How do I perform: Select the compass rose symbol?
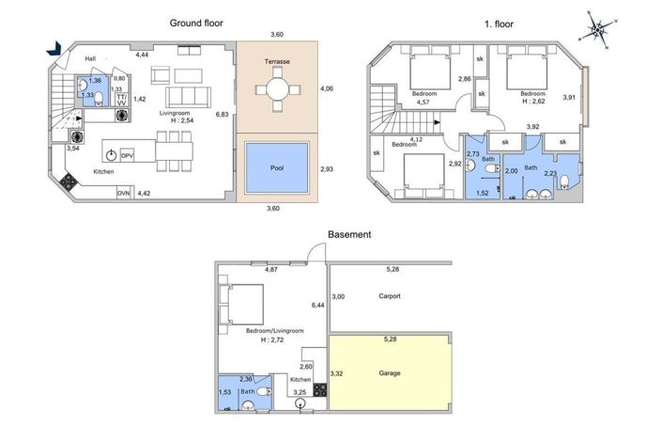[x=596, y=29]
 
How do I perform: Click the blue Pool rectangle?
[x=277, y=168]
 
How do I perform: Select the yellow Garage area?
[x=390, y=373]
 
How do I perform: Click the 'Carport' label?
[x=390, y=296]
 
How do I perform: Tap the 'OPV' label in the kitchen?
[x=128, y=154]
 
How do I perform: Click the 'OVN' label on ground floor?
[x=123, y=193]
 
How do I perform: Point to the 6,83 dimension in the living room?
[x=223, y=114]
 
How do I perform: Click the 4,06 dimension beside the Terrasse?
[x=327, y=90]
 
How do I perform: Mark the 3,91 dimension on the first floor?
[x=569, y=97]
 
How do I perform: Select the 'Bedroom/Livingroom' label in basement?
[x=274, y=331]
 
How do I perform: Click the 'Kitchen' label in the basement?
[x=300, y=379]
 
